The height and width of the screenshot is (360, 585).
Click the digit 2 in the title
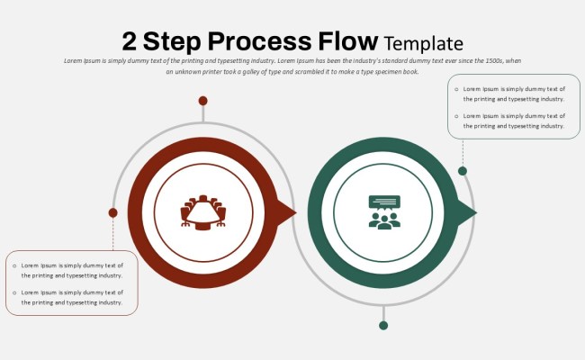pos(131,41)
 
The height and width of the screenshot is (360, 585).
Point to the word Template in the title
pos(423,43)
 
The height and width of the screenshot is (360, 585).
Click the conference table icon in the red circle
pos(203,212)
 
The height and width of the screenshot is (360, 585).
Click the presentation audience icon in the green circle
pos(384,212)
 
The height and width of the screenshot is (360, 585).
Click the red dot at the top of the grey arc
pos(203,101)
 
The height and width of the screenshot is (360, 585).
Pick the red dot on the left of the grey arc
pos(112,212)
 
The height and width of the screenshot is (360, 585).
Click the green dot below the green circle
pos(383,325)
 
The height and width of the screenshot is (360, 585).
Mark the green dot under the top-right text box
pos(463,171)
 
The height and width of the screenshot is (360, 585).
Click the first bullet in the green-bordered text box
pos(456,89)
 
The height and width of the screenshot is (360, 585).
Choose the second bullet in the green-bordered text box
pos(456,116)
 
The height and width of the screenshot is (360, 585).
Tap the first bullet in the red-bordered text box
pos(14,265)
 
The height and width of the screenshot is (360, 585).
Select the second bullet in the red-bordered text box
pos(14,292)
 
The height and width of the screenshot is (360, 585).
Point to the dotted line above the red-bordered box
pos(112,234)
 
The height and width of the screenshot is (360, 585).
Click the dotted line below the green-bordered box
pos(463,152)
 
